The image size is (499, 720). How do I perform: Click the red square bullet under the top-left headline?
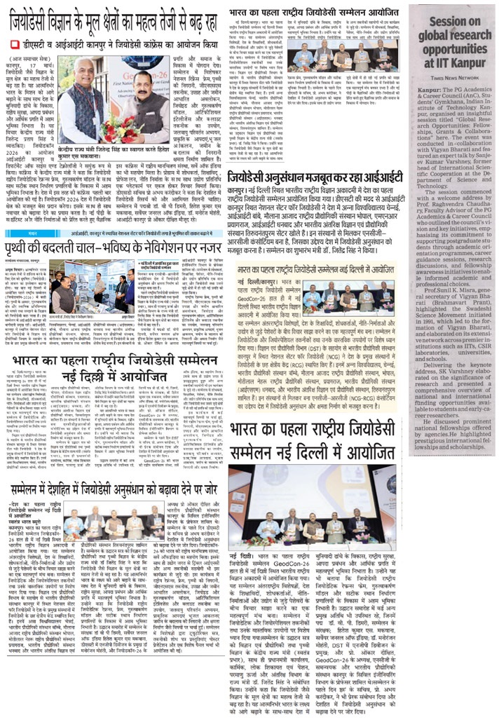[x=14, y=44]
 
